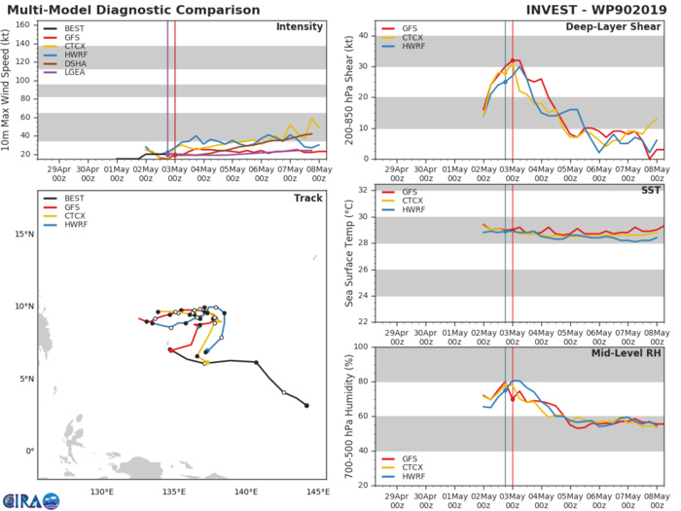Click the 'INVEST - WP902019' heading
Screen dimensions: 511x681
coord(600,10)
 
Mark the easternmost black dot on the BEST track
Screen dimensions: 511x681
coord(306,406)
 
